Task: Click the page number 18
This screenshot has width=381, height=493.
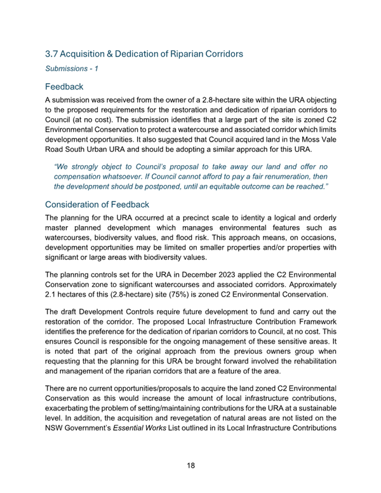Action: tap(190, 465)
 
